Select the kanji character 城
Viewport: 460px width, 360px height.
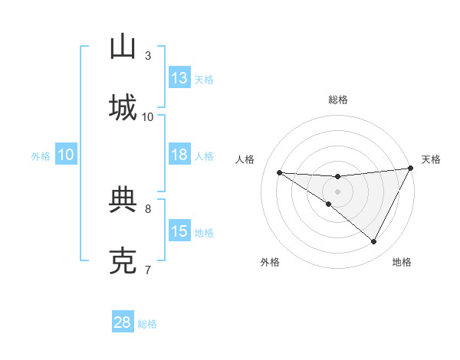click(x=123, y=107)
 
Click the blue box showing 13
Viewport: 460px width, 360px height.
click(x=179, y=78)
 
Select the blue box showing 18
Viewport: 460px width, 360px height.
click(x=179, y=155)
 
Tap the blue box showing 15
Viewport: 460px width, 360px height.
click(x=179, y=231)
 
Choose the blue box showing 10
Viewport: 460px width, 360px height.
click(x=66, y=155)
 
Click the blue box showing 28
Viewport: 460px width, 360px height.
click(x=123, y=323)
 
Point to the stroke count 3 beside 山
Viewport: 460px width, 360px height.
click(x=148, y=55)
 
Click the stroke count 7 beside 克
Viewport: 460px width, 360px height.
click(x=148, y=270)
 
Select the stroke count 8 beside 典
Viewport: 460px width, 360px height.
click(x=148, y=208)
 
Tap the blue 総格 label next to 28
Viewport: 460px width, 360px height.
click(x=148, y=324)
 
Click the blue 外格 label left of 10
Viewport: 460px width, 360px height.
click(x=41, y=156)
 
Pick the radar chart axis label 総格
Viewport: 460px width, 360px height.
click(x=338, y=100)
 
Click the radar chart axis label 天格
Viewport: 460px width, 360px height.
click(x=431, y=159)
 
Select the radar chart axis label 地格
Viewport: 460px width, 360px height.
click(x=402, y=262)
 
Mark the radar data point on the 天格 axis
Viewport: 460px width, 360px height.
click(x=411, y=169)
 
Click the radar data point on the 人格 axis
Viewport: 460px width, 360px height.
click(x=279, y=172)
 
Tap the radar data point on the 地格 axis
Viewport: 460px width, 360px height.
click(x=374, y=242)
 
